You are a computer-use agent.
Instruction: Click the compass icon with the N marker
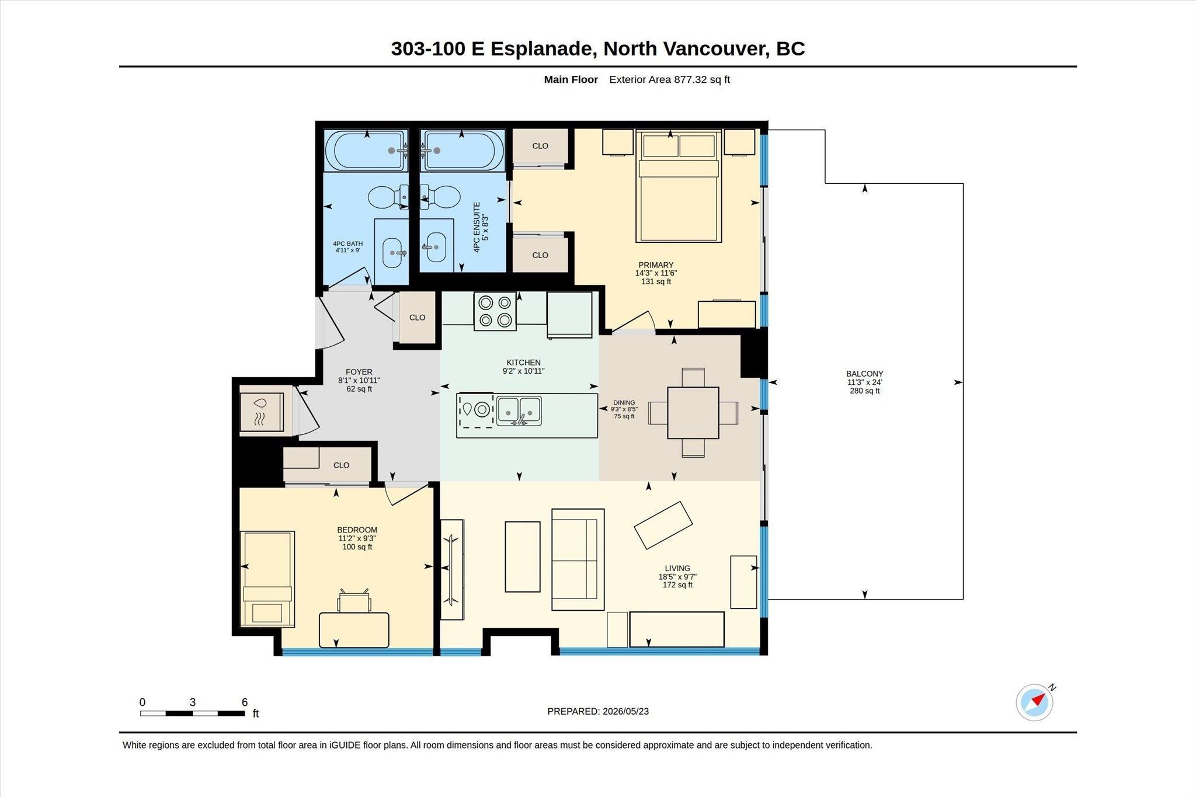pyautogui.click(x=1035, y=702)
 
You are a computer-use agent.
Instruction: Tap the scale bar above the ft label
pyautogui.click(x=192, y=713)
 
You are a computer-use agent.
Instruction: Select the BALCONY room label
pyautogui.click(x=864, y=374)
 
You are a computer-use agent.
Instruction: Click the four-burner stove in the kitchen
pyautogui.click(x=495, y=311)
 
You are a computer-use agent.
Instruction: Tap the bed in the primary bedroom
pyautogui.click(x=679, y=186)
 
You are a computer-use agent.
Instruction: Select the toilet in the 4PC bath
pyautogui.click(x=389, y=197)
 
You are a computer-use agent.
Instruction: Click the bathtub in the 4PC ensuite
pyautogui.click(x=462, y=151)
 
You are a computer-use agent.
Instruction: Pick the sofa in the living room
pyautogui.click(x=578, y=559)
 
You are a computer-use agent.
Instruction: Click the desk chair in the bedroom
pyautogui.click(x=354, y=601)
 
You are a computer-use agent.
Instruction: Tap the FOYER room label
pyautogui.click(x=359, y=372)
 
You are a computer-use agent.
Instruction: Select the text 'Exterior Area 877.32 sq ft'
pyautogui.click(x=669, y=79)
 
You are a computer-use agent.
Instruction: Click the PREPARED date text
pyautogui.click(x=598, y=711)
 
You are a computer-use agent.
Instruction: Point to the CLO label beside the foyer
pyautogui.click(x=417, y=318)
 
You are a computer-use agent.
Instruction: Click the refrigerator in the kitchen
pyautogui.click(x=569, y=315)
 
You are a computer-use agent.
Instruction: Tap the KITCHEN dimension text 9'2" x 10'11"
pyautogui.click(x=523, y=371)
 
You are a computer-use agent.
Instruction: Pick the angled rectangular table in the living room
pyautogui.click(x=663, y=525)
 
